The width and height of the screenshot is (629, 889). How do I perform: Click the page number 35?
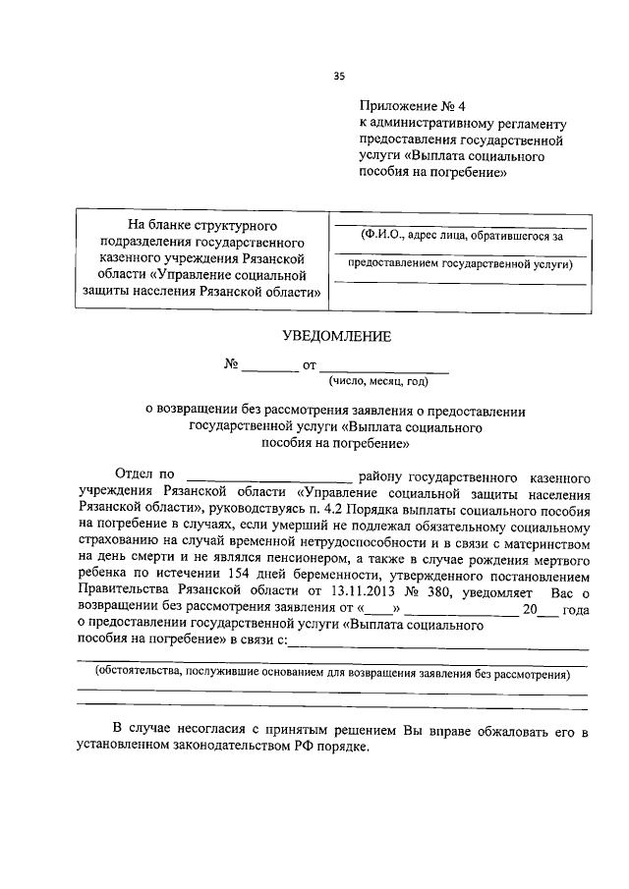pyautogui.click(x=339, y=76)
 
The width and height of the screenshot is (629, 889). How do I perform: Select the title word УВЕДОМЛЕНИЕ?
pyautogui.click(x=337, y=336)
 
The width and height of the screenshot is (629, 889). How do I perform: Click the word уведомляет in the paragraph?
pyautogui.click(x=492, y=591)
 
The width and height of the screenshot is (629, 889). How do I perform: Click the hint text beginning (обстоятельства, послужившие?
pyautogui.click(x=332, y=674)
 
